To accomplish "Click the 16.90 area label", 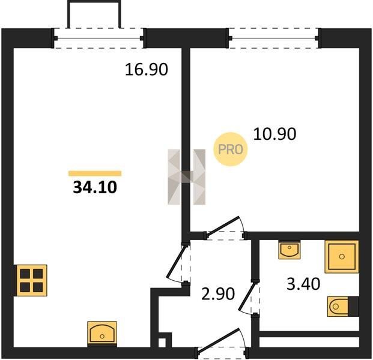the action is point(147,70).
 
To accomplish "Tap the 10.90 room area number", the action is point(274,134).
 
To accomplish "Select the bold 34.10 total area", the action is point(95,187).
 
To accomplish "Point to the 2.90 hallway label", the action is point(218,294).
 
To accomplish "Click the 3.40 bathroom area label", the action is point(303,284).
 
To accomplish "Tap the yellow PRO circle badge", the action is point(230,149).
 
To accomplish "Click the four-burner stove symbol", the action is point(31,280).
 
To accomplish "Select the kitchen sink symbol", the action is point(102,333).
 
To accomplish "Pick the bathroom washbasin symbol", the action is point(290,250).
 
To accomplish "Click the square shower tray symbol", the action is point(342,257).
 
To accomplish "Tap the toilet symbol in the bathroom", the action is point(343,307).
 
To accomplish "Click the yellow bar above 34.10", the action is point(95,173).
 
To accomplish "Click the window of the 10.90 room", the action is point(273,38).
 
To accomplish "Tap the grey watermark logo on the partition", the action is point(186,177).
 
